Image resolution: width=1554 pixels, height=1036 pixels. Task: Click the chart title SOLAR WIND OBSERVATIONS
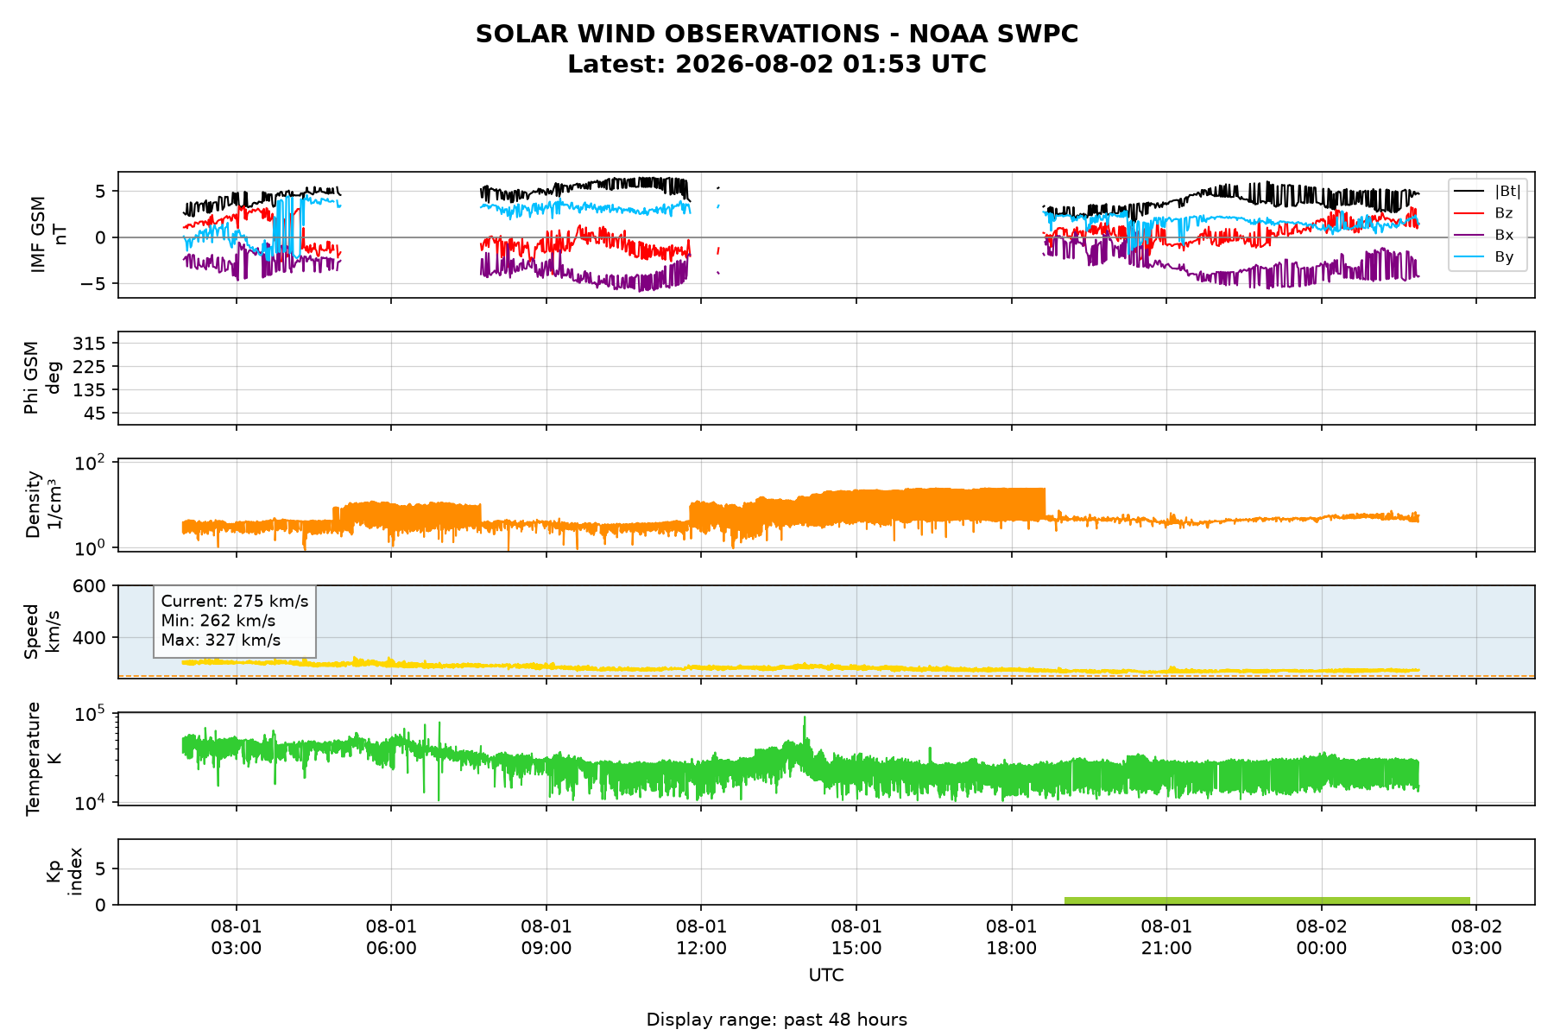[776, 34]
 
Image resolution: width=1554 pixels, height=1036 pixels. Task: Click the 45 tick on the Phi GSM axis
[96, 414]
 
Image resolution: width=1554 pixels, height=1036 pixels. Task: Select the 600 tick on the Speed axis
[91, 586]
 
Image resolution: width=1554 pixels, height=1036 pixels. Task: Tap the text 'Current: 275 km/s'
[235, 602]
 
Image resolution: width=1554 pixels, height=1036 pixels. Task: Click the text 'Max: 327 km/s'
[221, 641]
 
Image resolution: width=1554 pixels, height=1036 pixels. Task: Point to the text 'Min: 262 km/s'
[218, 621]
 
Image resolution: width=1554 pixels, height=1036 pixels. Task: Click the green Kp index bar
[1267, 900]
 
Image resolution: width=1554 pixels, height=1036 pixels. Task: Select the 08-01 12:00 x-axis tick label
[701, 938]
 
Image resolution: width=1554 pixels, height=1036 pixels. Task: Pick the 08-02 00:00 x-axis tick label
[1321, 938]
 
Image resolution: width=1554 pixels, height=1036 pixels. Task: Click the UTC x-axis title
[826, 976]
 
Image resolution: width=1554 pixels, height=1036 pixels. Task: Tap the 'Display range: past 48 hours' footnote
[776, 1020]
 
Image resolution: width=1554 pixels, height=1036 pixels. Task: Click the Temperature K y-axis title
[43, 758]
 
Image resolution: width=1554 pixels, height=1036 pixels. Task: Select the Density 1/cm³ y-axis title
[43, 504]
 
